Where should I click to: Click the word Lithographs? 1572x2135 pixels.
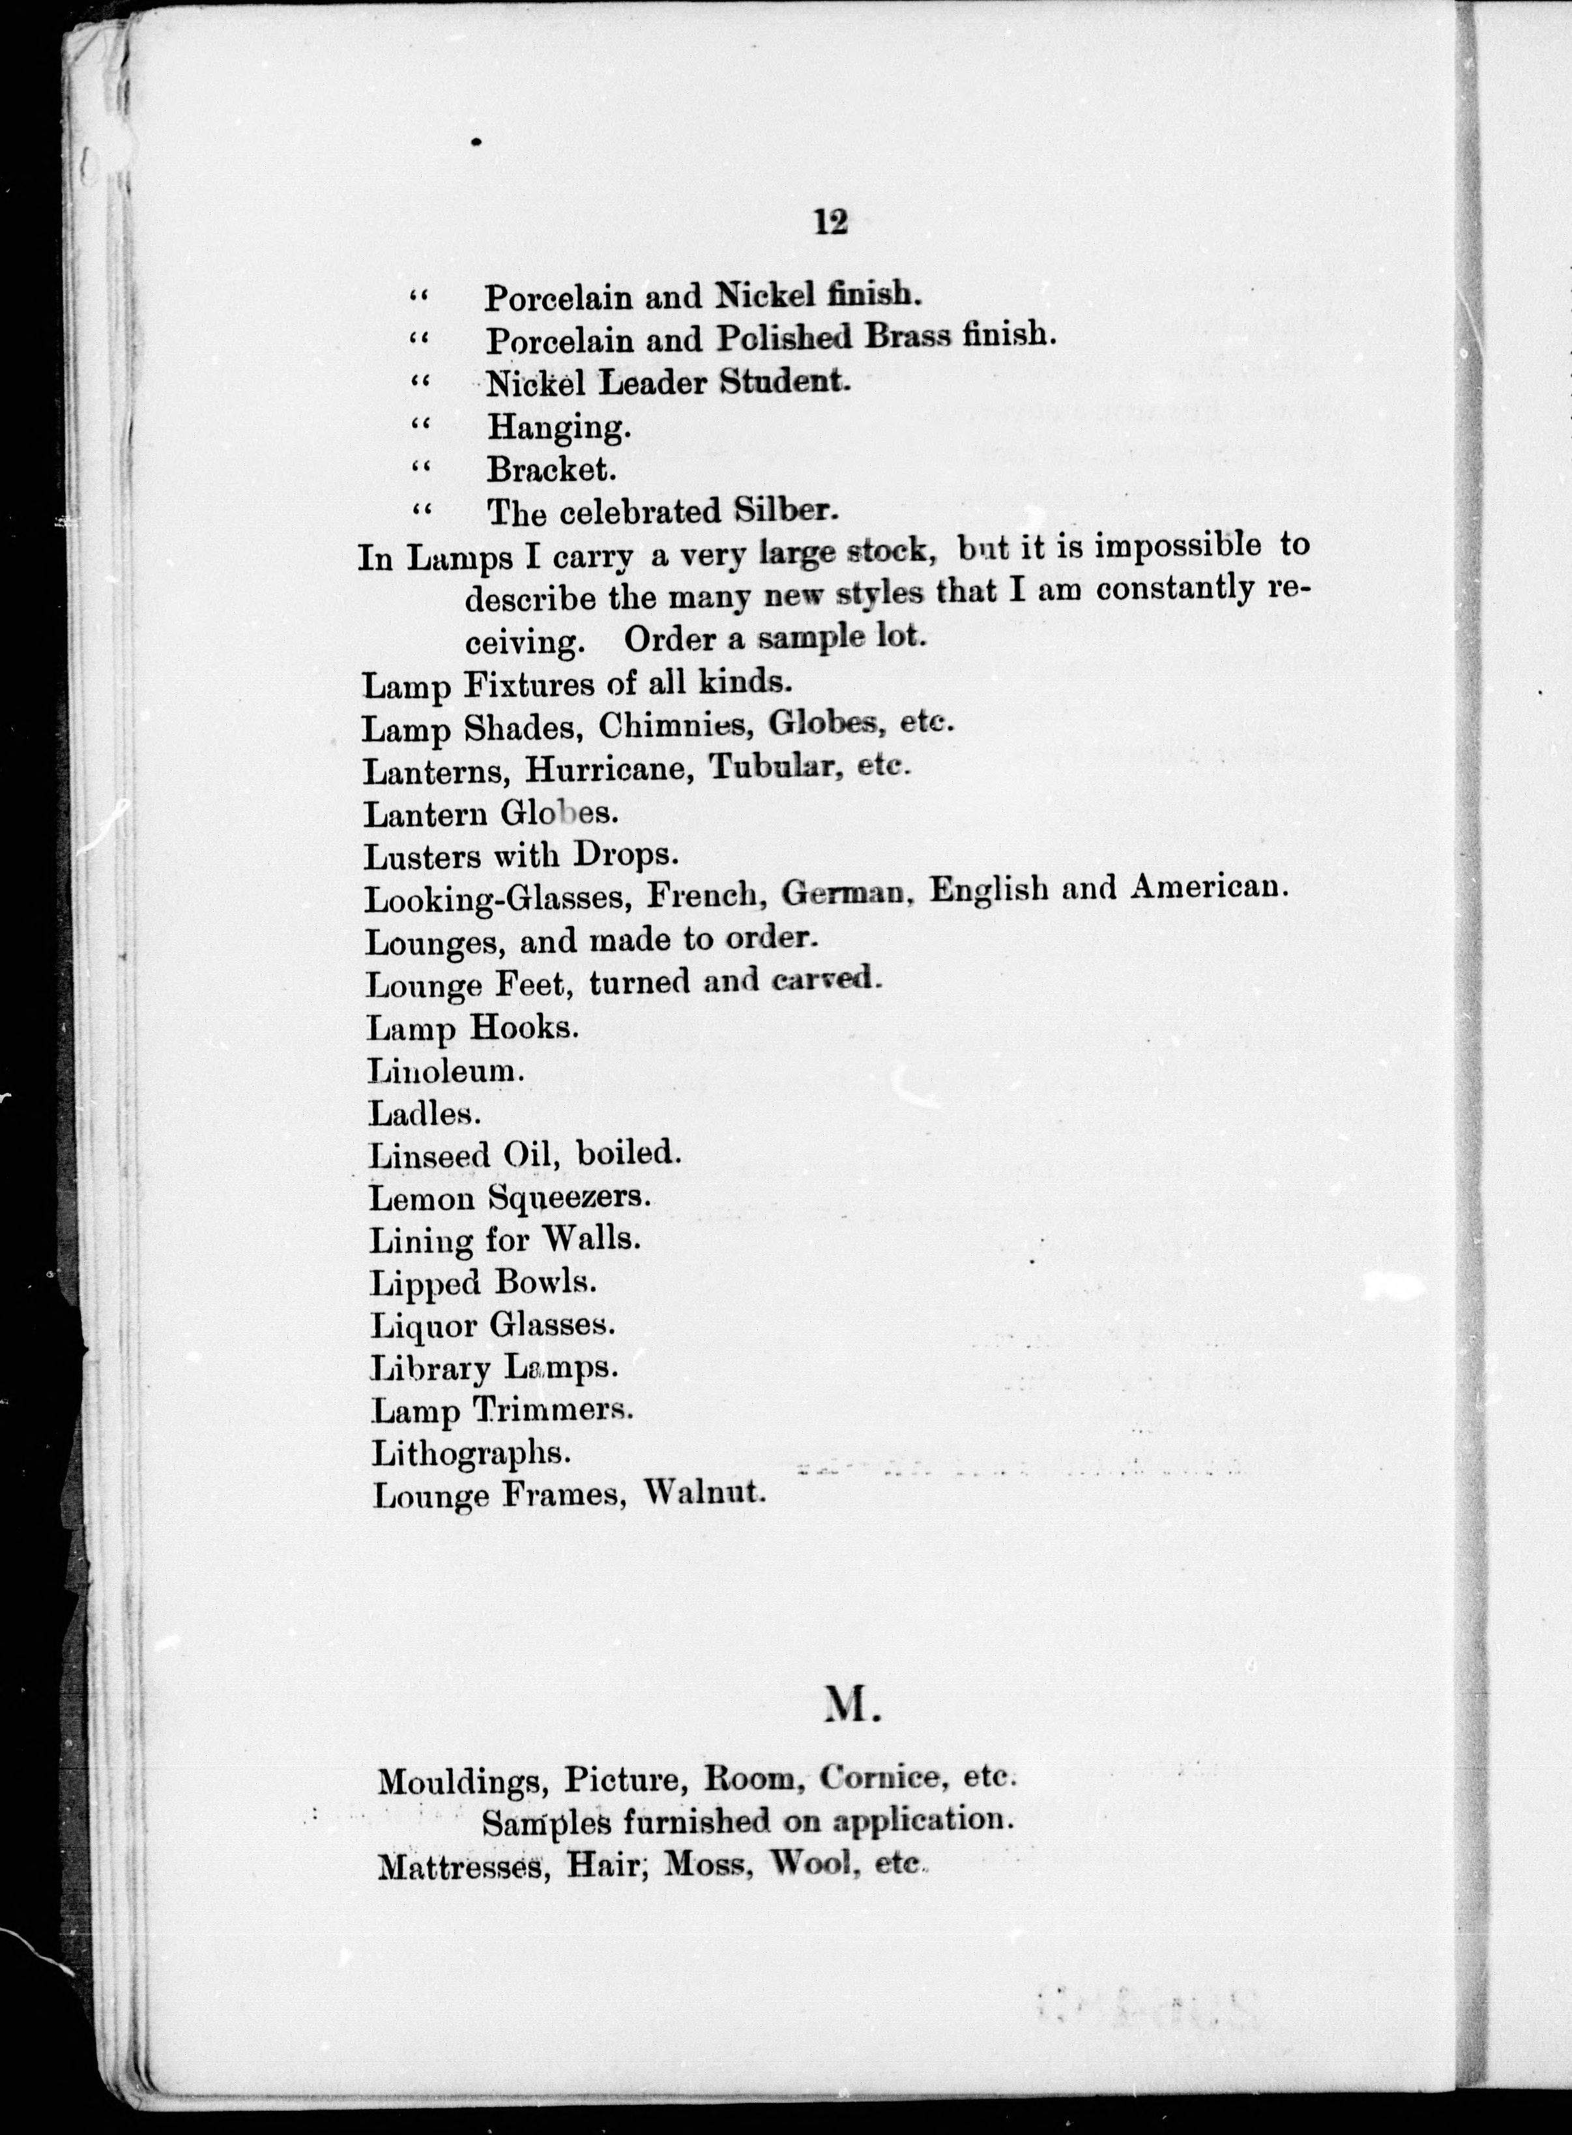(471, 1453)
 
